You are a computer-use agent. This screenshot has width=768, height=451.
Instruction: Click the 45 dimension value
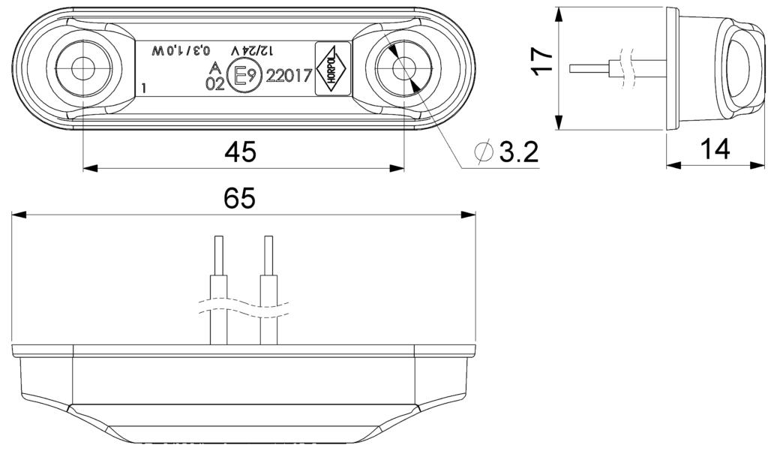point(240,152)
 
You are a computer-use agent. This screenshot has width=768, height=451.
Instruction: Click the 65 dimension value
point(239,199)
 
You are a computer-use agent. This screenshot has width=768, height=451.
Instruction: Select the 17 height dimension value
point(543,62)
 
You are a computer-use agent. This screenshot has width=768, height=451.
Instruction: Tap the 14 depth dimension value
point(715,149)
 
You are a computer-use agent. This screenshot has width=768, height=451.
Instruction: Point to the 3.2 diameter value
point(519,152)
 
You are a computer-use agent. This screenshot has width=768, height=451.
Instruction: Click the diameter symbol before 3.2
point(484,152)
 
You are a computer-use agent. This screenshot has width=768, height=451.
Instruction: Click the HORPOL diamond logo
point(332,68)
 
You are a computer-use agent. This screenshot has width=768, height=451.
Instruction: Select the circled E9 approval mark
point(243,76)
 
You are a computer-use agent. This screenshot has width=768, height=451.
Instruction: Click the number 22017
point(289,76)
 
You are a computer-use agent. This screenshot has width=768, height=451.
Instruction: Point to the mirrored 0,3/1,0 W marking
point(181,50)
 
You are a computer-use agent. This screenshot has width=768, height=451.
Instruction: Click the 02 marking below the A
point(215,84)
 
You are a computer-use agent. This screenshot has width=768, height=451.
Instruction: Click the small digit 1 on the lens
point(143,89)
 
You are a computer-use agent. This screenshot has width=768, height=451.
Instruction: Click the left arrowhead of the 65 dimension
point(18,214)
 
